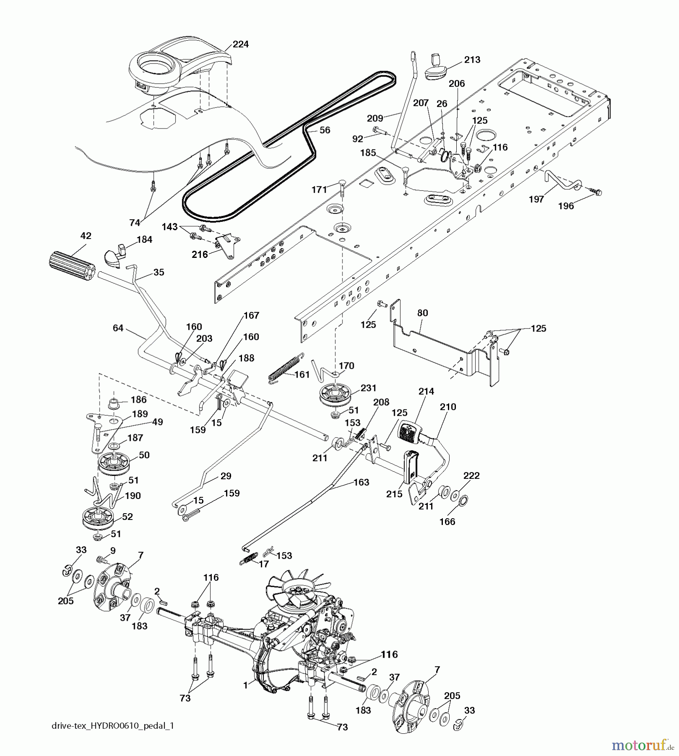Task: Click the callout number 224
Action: click(x=240, y=44)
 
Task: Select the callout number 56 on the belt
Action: click(x=324, y=130)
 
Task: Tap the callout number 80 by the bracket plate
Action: click(x=423, y=313)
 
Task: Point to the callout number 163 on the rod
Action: click(x=361, y=482)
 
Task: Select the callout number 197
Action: click(x=536, y=199)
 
